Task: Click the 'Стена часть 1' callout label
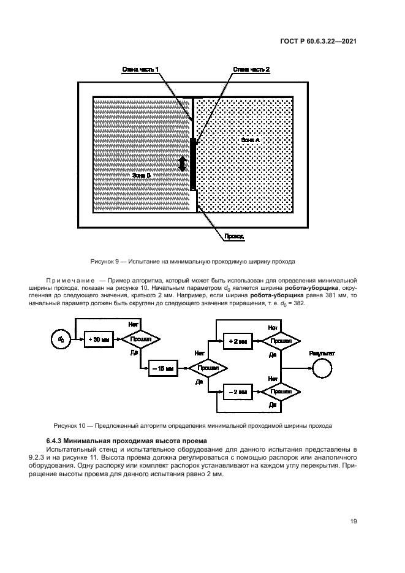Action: coord(140,70)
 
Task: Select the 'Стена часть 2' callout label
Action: coord(251,70)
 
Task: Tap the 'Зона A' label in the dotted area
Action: coord(251,140)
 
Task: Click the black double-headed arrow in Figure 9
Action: coord(182,165)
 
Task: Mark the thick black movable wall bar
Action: coord(194,164)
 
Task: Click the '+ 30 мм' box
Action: coord(98,339)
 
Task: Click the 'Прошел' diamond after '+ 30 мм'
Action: coord(139,339)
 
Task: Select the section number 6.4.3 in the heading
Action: coord(56,441)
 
